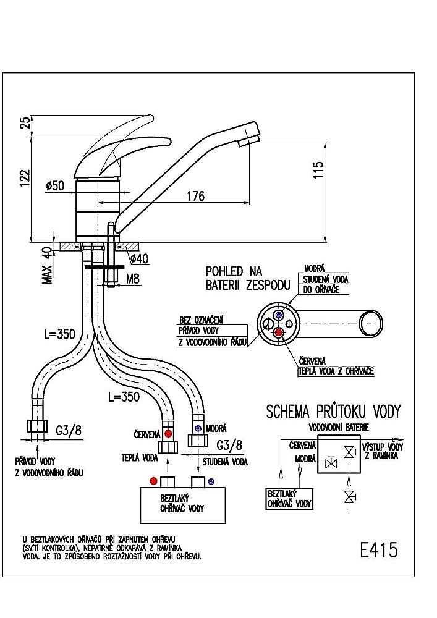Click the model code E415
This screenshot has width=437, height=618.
click(x=378, y=549)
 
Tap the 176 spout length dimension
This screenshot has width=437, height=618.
click(x=195, y=196)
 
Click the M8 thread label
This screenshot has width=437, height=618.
click(x=133, y=279)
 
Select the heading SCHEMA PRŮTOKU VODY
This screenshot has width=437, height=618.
click(x=334, y=412)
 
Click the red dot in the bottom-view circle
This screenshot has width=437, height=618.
click(x=279, y=333)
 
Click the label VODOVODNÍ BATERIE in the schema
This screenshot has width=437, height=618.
click(x=335, y=427)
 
